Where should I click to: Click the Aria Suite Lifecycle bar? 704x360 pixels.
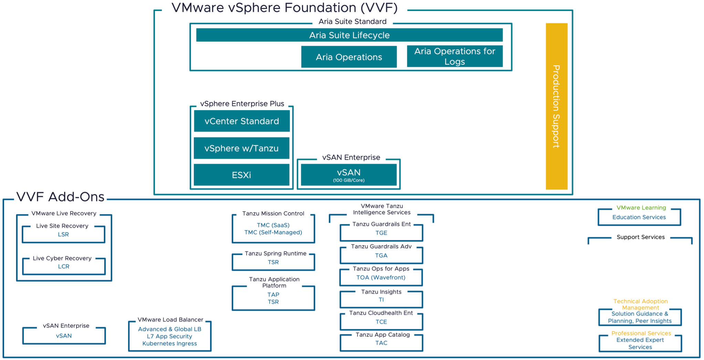tap(349, 35)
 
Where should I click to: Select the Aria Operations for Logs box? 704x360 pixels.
tap(455, 56)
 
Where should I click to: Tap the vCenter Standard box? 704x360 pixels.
tap(242, 121)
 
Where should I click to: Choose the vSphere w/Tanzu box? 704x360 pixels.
tap(241, 148)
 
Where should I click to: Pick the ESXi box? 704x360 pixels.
tap(241, 175)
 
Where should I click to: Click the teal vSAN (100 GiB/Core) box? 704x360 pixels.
tap(349, 175)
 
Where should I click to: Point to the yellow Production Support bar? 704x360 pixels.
tap(556, 106)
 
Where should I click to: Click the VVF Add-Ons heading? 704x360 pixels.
tap(60, 197)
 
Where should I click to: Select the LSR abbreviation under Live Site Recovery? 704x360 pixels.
tap(63, 234)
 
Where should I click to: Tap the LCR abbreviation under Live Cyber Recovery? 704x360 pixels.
tap(64, 266)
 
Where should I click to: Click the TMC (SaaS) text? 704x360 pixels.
tap(273, 225)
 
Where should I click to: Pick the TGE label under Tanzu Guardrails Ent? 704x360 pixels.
tap(381, 233)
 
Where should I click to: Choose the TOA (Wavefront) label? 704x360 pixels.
tap(381, 277)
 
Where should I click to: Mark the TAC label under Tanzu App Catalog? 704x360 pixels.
tap(381, 343)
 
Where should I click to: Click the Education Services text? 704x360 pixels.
tap(639, 217)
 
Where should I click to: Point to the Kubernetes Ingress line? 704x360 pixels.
tap(169, 343)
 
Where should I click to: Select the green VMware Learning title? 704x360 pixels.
tap(641, 208)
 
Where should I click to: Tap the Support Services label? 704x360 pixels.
tap(641, 237)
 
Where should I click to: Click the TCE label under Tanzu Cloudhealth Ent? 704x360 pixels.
tap(381, 322)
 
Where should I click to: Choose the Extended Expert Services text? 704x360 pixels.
tap(640, 343)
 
